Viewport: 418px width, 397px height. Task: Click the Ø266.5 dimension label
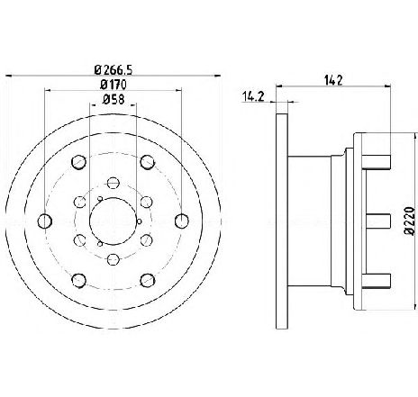click(x=114, y=70)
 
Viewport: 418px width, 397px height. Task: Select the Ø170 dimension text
click(x=114, y=85)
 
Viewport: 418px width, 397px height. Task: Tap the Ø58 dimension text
click(x=114, y=99)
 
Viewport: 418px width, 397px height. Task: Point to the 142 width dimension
click(x=333, y=80)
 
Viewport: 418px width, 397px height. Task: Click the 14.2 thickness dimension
click(x=253, y=96)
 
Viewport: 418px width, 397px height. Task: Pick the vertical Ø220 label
click(x=410, y=221)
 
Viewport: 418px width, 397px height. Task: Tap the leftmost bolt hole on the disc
click(x=45, y=221)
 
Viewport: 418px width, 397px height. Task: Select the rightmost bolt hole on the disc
click(x=182, y=221)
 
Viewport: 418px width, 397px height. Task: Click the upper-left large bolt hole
click(x=79, y=162)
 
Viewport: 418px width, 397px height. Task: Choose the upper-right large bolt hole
click(x=148, y=162)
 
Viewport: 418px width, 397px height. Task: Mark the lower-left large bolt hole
click(x=79, y=280)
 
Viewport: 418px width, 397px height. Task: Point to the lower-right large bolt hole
click(x=148, y=280)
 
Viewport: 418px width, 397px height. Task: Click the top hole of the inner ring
click(x=114, y=183)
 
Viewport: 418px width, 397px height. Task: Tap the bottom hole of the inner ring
click(x=114, y=259)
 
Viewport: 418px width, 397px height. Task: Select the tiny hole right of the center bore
click(x=139, y=221)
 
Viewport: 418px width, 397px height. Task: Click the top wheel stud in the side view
click(x=376, y=162)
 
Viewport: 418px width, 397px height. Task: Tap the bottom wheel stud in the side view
click(x=376, y=280)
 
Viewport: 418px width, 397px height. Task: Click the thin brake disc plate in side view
click(x=282, y=221)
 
